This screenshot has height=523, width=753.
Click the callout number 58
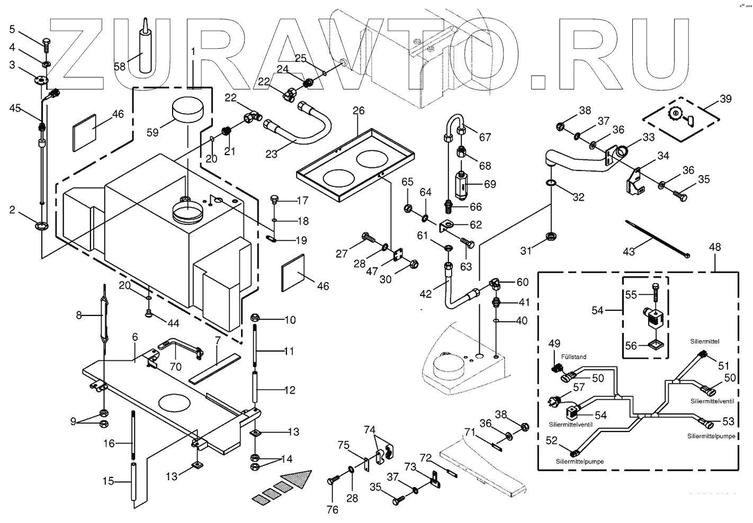click(120, 67)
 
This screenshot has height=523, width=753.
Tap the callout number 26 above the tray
click(358, 111)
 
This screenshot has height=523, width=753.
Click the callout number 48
click(715, 247)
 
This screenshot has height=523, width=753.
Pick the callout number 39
click(725, 99)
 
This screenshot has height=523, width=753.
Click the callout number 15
click(109, 481)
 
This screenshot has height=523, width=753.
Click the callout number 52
click(552, 440)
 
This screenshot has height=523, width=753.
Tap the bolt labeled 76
click(333, 480)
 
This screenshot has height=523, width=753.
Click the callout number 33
click(649, 137)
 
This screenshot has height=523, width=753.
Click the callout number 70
click(175, 366)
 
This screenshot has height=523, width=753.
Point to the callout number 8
click(79, 315)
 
